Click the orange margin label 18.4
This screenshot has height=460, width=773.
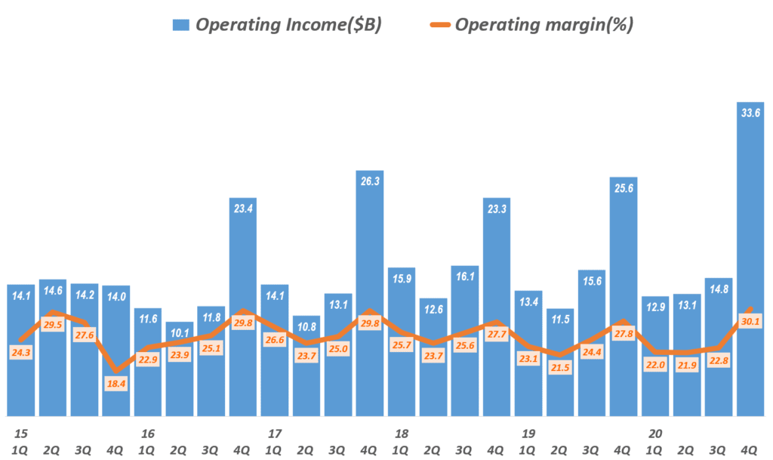(115, 384)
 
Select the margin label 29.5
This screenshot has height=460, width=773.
(52, 325)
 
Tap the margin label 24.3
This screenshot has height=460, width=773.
(20, 352)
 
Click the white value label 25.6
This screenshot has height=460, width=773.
(623, 190)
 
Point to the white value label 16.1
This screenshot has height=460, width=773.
(464, 277)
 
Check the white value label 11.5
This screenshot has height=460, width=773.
(559, 320)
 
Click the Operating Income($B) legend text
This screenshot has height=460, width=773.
(289, 25)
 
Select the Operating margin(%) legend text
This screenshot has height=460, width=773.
(544, 25)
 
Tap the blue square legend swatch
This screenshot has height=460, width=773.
(181, 25)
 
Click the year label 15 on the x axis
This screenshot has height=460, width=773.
(20, 434)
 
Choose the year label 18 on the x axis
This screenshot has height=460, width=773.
(401, 434)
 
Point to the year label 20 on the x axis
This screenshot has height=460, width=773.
(654, 434)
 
